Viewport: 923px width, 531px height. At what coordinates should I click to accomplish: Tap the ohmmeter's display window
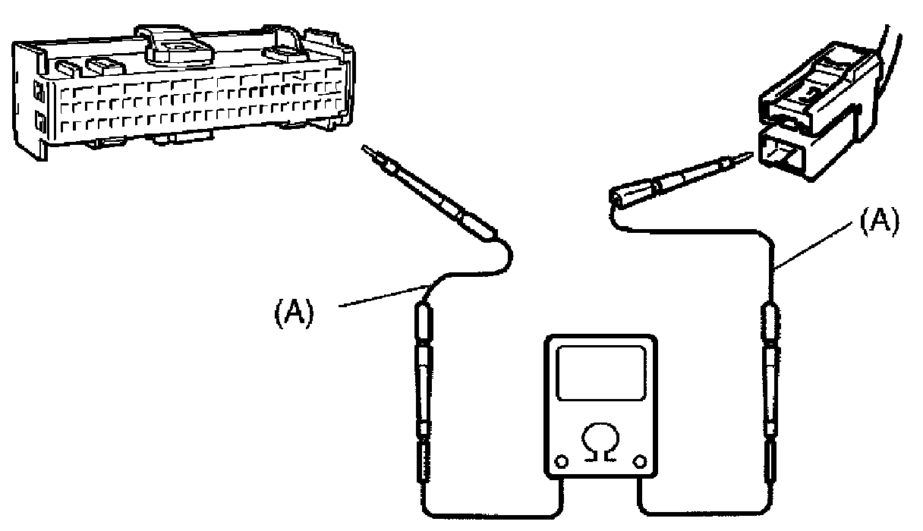tap(600, 372)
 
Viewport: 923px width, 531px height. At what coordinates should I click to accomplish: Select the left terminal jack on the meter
tap(562, 460)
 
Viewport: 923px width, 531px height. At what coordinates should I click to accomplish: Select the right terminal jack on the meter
tap(639, 460)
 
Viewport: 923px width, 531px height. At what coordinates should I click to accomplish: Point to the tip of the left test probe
tap(367, 149)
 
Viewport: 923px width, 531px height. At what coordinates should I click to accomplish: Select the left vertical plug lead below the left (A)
tap(423, 379)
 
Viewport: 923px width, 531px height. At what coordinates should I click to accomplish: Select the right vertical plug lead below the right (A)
tap(770, 379)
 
